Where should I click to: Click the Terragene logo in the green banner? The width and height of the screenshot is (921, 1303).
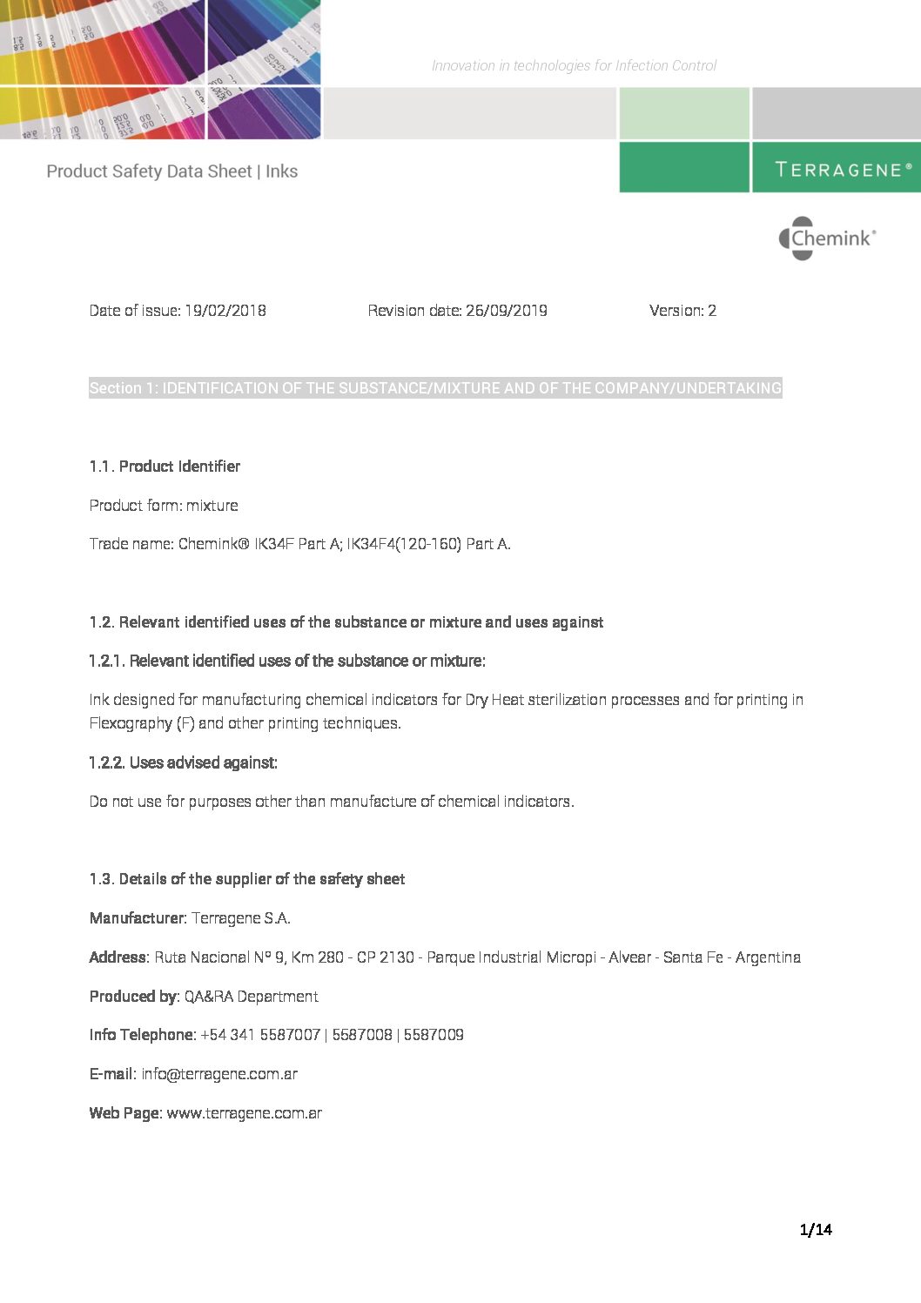pyautogui.click(x=843, y=169)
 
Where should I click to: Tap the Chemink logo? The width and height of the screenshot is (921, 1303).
pyautogui.click(x=827, y=238)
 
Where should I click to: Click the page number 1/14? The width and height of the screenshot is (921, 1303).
pyautogui.click(x=816, y=1229)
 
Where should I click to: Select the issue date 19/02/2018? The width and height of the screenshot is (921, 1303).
pyautogui.click(x=225, y=311)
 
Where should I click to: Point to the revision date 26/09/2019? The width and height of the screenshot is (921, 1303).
pyautogui.click(x=506, y=311)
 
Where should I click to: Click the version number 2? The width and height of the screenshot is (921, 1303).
pyautogui.click(x=712, y=311)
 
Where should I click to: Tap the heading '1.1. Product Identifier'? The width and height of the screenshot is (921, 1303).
pyautogui.click(x=165, y=467)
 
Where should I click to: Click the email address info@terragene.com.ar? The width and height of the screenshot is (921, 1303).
pyautogui.click(x=219, y=1074)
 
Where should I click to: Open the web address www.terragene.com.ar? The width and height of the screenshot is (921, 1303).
pyautogui.click(x=244, y=1113)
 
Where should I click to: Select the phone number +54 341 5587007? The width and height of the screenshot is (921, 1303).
pyautogui.click(x=260, y=1035)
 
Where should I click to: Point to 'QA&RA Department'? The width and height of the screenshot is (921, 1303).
pyautogui.click(x=251, y=997)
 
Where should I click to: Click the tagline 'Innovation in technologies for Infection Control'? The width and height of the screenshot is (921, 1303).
pyautogui.click(x=574, y=65)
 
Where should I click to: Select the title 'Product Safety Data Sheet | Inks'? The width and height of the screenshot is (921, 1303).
pyautogui.click(x=171, y=171)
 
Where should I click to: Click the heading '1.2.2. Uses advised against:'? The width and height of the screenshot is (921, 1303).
pyautogui.click(x=183, y=762)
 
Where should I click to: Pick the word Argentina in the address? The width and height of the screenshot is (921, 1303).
pyautogui.click(x=768, y=957)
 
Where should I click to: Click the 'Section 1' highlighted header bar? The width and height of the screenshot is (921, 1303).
pyautogui.click(x=435, y=388)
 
